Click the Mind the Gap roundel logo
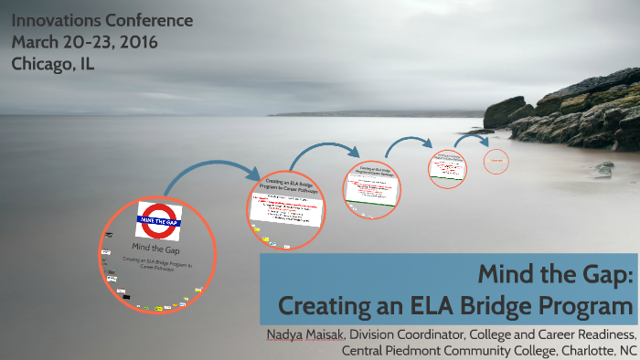point(159,220)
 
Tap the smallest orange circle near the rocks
point(496,161)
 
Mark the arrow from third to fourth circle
point(407,143)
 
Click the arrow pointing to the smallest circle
point(471,138)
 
